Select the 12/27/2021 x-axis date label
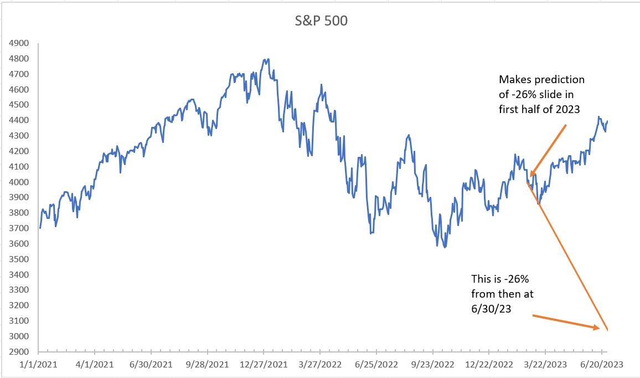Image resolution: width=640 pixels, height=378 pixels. point(264,366)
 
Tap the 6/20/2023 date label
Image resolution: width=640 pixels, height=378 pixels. point(602,366)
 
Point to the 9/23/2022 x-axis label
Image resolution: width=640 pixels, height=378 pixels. point(432,366)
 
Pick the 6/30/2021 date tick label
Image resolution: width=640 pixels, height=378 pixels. point(151,366)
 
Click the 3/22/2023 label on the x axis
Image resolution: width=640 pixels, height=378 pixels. point(545,366)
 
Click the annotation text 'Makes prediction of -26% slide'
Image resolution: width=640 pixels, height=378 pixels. point(541,94)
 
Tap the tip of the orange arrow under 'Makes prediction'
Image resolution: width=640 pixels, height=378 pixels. point(530,175)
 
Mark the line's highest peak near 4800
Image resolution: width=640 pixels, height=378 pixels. point(268,59)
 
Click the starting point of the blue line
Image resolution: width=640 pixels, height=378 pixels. point(40,228)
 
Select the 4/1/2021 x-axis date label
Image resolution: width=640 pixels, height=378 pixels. point(95,366)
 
